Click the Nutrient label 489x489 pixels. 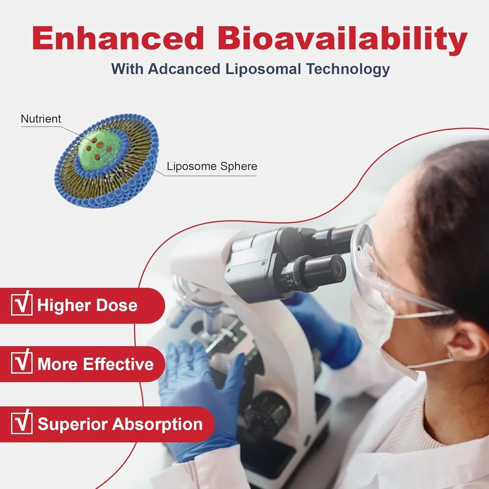[x=41, y=119]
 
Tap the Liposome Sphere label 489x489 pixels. [x=212, y=167]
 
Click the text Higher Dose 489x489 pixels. [x=87, y=306]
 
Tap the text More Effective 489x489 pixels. [x=96, y=364]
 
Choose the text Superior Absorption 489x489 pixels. [x=120, y=424]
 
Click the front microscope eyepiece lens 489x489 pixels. [x=338, y=268]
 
